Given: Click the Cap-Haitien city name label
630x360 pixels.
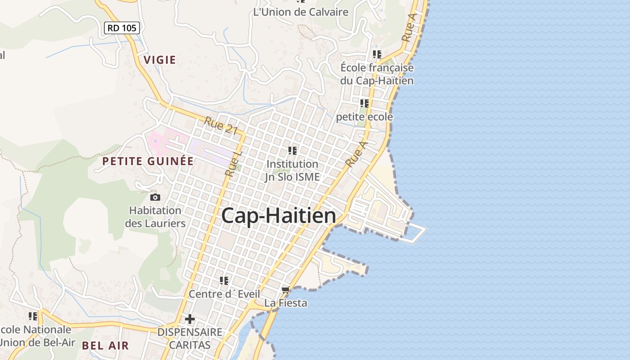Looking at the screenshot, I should pos(279,216).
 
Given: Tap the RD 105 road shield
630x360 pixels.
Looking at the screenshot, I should pos(122,28).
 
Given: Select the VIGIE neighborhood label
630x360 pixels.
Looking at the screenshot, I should pos(160,60).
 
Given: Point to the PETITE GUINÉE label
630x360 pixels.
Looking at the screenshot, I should pos(148,161).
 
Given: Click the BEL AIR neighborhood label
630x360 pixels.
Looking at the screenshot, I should pos(105,346).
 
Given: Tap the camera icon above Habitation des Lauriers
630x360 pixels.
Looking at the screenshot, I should pos(155,197).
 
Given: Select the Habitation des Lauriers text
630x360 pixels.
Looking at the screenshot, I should pos(155,216).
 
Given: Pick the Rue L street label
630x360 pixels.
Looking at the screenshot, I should pos(234,163).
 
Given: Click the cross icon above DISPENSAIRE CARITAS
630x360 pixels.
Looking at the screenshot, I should pos(190,319).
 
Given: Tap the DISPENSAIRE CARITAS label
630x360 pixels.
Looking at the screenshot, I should pos(189,338).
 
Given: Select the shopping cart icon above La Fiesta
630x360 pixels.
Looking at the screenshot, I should pos(285,290).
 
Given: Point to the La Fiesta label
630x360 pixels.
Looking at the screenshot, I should pos(286,303).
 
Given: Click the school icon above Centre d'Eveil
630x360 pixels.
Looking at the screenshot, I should pos(224,281).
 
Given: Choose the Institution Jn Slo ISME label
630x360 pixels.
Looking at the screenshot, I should pos(292,171).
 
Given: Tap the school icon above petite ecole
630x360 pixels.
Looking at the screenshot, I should pos(364,103).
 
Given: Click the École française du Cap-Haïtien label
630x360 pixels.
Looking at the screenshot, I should pos(377,74).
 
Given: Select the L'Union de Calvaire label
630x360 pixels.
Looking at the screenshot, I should pos(301,12).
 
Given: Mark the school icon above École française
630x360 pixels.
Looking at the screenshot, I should pos(377,54).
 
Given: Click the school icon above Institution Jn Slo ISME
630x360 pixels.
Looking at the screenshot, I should pos(292,151).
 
